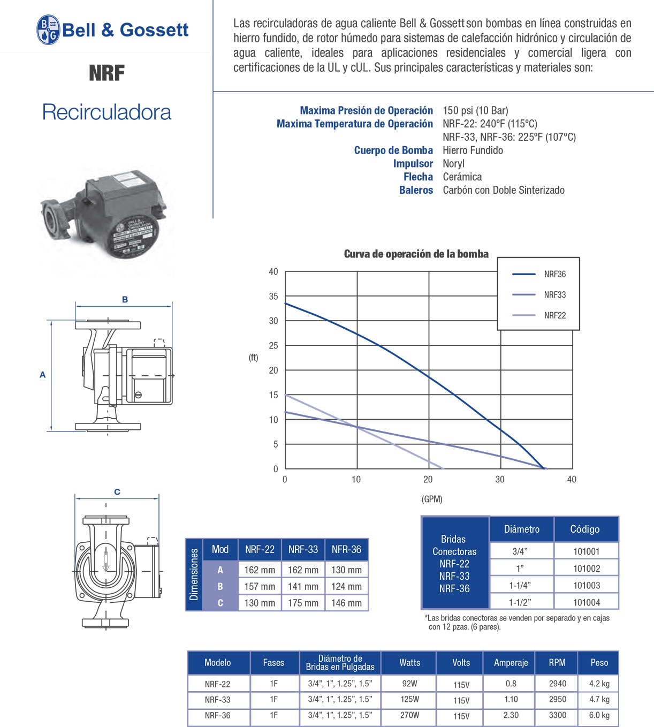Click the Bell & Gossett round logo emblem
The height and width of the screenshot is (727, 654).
48,29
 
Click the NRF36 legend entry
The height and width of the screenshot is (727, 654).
554,274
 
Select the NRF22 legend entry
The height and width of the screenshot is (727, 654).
554,315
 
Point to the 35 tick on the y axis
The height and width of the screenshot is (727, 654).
273,296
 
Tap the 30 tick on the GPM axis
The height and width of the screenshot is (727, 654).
500,479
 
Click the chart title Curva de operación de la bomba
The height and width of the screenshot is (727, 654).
416,254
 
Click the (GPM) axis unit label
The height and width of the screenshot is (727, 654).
432,499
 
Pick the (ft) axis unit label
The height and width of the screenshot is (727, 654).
253,358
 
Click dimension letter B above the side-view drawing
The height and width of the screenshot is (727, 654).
125,299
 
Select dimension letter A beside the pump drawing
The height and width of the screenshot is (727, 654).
43,375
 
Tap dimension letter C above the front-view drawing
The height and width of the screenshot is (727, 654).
117,491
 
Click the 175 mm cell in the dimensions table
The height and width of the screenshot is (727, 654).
303,603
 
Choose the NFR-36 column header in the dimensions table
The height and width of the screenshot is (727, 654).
346,549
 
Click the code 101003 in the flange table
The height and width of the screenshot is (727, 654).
587,586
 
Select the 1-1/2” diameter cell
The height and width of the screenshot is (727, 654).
520,603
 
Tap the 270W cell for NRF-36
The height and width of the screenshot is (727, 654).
409,715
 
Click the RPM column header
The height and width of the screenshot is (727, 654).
557,663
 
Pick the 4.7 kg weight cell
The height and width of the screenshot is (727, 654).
599,699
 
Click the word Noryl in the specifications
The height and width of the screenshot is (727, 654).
453,164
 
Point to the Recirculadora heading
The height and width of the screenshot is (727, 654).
107,112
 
